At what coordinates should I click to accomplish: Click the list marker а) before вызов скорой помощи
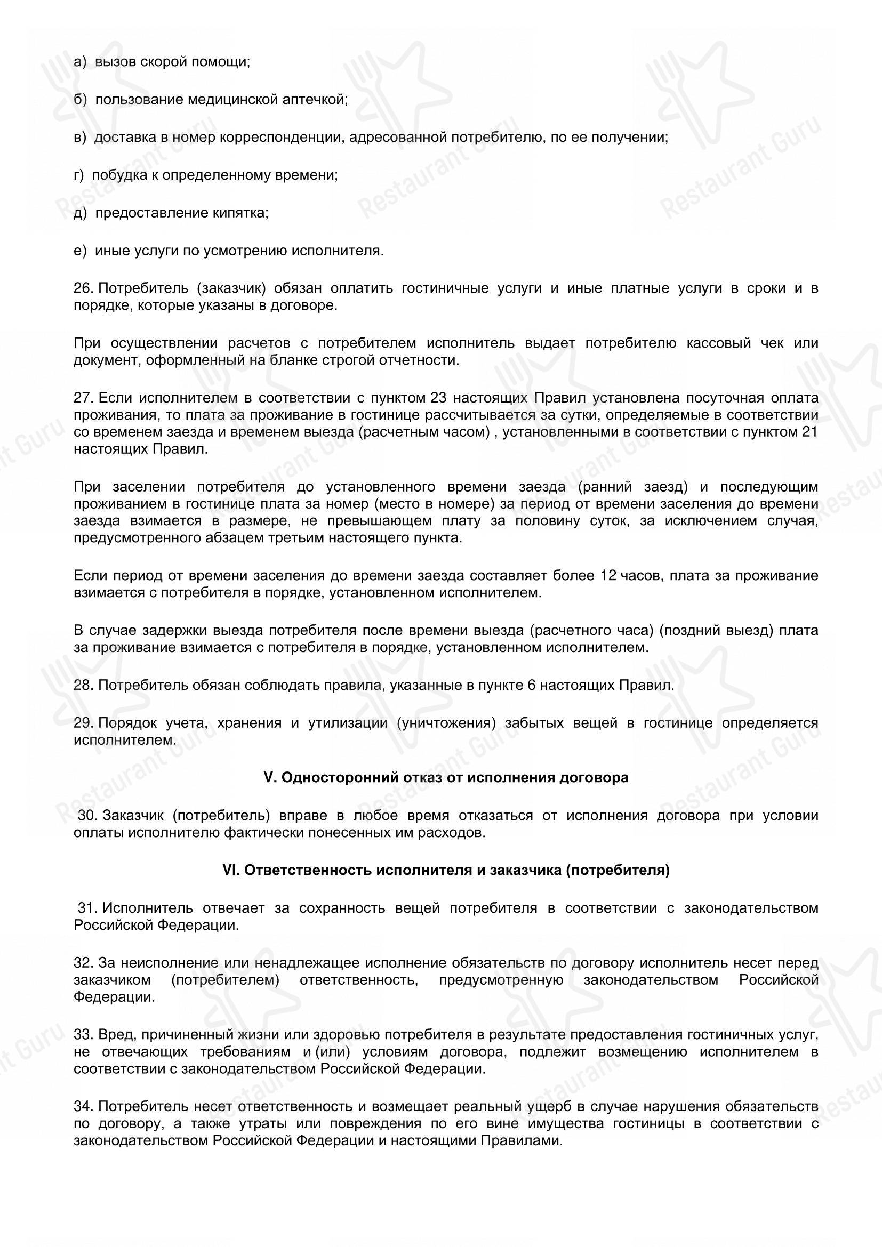[80, 62]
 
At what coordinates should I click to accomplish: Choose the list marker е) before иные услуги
[80, 251]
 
